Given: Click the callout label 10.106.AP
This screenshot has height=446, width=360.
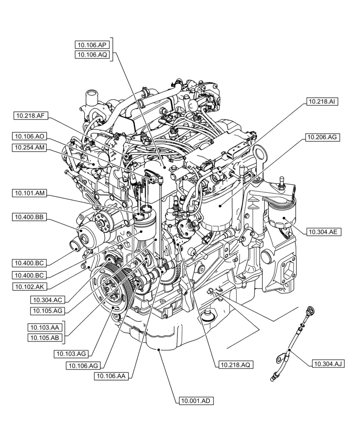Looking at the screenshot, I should pos(91,44).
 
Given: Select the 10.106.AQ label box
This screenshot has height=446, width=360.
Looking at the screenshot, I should pos(91,54).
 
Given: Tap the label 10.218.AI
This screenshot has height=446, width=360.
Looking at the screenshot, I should pos(322,102).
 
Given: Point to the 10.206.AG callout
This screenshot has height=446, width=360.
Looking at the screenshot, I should pos(322,138).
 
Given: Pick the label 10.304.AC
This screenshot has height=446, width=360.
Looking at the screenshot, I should pos(47,300).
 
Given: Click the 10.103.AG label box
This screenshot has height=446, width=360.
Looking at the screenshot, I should pos(71,354).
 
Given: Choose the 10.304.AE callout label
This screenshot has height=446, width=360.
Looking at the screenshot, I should pos(322,231).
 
